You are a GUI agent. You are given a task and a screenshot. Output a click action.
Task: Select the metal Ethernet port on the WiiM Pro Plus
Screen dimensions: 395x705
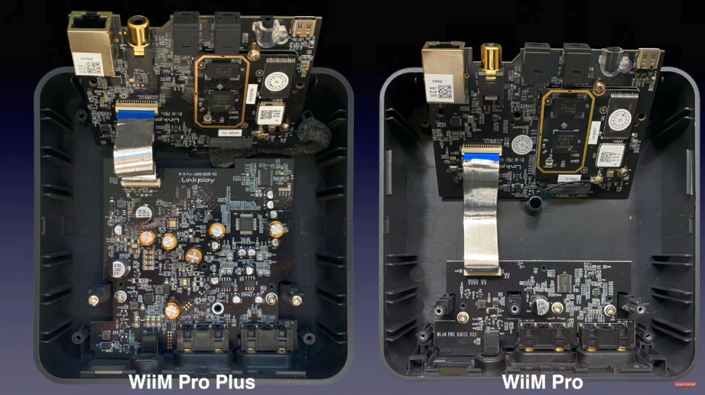click(85, 39)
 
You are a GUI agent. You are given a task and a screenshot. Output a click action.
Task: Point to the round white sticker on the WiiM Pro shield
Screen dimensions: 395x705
click(521, 145)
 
